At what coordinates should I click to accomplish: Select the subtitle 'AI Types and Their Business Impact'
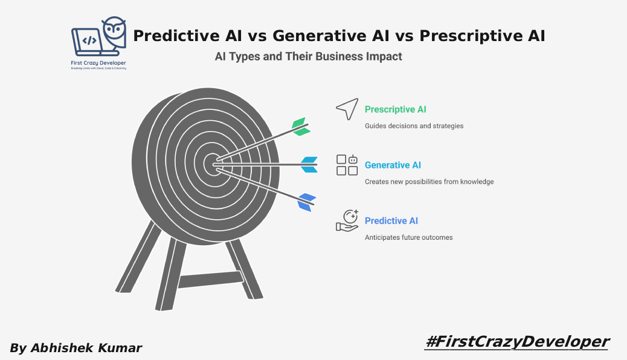[x=308, y=57]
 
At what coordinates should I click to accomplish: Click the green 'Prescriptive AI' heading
[x=395, y=110]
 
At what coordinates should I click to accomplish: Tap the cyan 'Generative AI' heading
[x=393, y=166]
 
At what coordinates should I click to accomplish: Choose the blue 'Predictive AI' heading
[x=391, y=221]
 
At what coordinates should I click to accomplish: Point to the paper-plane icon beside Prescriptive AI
[x=347, y=109]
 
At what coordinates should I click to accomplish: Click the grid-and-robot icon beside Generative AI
[x=347, y=165]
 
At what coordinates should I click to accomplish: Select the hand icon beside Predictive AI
[x=347, y=220]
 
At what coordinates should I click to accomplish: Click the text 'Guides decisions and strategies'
[x=414, y=126]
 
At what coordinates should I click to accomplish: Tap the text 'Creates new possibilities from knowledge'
[x=429, y=182]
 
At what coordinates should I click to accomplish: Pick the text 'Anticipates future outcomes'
[x=408, y=237]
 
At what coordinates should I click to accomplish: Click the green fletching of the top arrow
[x=300, y=127]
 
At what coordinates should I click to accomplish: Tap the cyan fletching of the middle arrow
[x=309, y=164]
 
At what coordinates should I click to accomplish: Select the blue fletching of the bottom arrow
[x=306, y=202]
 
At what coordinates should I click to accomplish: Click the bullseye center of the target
[x=213, y=164]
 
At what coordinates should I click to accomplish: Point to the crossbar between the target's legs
[x=209, y=280]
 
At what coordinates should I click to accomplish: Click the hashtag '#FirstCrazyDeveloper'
[x=516, y=341]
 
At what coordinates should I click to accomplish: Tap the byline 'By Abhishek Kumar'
[x=76, y=348]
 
